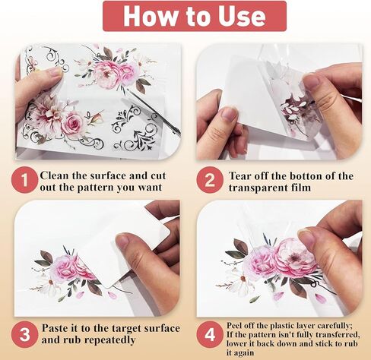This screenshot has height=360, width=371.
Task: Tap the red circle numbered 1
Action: [24, 180]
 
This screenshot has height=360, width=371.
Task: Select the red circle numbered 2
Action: [210, 180]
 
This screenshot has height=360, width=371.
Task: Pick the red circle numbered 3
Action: [24, 334]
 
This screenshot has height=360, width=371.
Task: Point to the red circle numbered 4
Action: [210, 334]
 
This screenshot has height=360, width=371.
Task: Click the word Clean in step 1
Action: [55, 175]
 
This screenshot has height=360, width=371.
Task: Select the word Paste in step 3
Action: [55, 328]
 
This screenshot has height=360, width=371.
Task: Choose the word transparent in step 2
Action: [258, 188]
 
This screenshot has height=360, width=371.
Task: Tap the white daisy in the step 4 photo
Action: [241, 282]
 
